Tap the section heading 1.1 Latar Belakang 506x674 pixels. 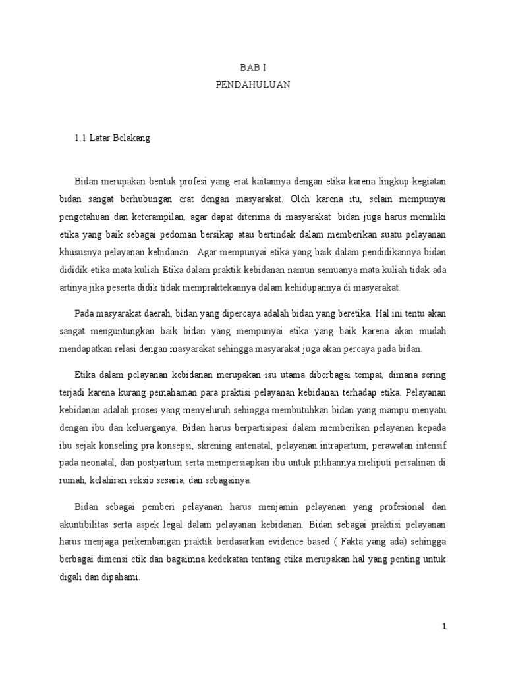coord(112,139)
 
